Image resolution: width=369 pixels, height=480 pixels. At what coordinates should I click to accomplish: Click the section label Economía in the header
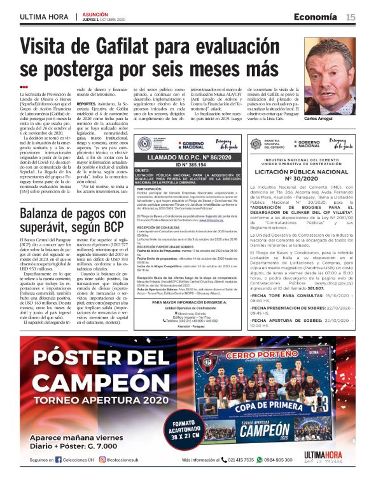320,17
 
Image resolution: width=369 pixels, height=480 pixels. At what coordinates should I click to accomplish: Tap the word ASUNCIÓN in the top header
96,13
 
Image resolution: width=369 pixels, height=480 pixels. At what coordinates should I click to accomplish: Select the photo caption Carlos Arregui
337,119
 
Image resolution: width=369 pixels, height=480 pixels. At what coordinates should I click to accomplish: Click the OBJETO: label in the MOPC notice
143,171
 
